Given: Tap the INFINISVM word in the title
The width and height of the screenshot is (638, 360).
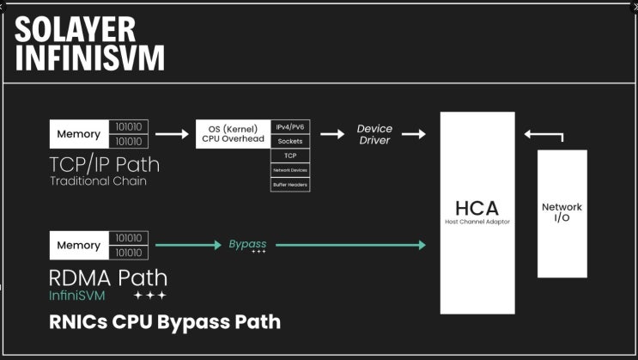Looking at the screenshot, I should point(89,58).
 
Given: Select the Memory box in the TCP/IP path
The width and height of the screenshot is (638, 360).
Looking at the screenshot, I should point(78,134).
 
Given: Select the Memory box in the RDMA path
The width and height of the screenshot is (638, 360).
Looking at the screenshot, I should point(78,245).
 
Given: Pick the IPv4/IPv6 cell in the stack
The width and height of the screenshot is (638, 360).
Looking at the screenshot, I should point(290,127).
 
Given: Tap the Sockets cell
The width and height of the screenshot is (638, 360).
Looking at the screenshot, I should point(290,141).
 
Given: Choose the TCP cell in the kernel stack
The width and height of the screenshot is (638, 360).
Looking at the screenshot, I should point(290,156).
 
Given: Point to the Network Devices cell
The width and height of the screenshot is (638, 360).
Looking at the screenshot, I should point(290,170).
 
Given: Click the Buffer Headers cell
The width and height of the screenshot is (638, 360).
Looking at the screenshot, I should point(290,184).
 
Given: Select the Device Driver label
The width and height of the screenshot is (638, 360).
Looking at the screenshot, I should point(374,134).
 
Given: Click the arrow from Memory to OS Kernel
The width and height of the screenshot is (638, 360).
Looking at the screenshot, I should point(172,134).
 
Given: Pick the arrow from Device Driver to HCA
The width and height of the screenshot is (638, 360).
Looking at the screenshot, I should point(413,134).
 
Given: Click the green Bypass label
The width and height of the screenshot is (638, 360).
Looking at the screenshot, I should point(247,245).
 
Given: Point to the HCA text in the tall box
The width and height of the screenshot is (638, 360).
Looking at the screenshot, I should point(477,207).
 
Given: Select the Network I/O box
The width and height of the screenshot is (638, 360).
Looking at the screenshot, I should point(562,212).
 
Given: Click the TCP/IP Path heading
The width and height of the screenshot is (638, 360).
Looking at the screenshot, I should point(104,163).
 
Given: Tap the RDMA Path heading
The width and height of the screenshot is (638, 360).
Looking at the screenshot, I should point(108,278).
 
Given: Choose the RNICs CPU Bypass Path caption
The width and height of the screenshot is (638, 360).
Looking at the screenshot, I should point(165,322).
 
